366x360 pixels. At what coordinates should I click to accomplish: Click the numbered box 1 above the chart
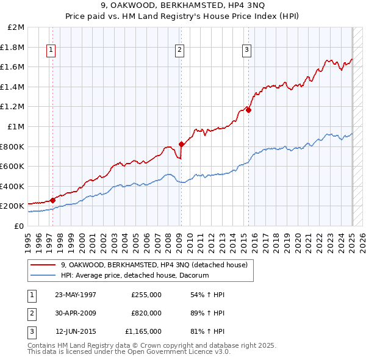pyautogui.click(x=51, y=51)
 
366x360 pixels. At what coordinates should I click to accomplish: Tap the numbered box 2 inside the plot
pyautogui.click(x=180, y=51)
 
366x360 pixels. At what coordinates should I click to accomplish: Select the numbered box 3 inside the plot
pyautogui.click(x=246, y=51)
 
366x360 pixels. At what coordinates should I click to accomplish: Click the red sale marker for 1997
pyautogui.click(x=52, y=200)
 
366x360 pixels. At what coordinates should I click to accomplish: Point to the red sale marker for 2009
pyautogui.click(x=181, y=144)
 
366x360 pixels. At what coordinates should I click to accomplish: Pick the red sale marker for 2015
pyautogui.click(x=248, y=110)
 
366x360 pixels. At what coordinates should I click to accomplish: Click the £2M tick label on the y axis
pyautogui.click(x=16, y=27)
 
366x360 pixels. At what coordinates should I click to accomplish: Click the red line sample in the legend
pyautogui.click(x=43, y=265)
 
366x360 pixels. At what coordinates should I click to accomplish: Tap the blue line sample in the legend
pyautogui.click(x=43, y=276)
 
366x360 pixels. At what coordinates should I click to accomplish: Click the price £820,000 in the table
pyautogui.click(x=146, y=313)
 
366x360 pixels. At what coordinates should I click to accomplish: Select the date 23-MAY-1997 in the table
pyautogui.click(x=76, y=295)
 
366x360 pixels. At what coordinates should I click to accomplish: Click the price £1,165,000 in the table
pyautogui.click(x=143, y=331)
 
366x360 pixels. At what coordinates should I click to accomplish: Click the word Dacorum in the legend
pyautogui.click(x=193, y=276)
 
